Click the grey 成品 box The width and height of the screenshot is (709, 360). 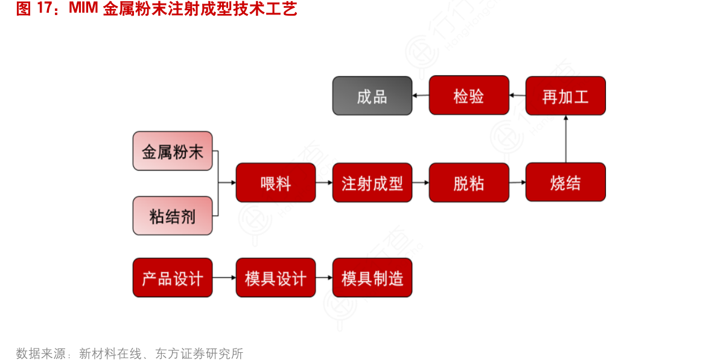[x=372, y=95]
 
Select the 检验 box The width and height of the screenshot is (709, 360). [x=469, y=95]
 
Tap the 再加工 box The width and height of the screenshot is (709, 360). [x=565, y=95]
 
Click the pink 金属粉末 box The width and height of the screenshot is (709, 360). [x=173, y=151]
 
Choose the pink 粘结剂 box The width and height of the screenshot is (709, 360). [x=173, y=215]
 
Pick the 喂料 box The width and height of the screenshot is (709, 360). [x=276, y=182]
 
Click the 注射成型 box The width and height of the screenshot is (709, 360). [x=372, y=182]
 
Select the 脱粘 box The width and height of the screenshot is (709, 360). [x=469, y=182]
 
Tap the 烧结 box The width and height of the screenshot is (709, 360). [x=565, y=182]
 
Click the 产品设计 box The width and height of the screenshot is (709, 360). [x=173, y=277]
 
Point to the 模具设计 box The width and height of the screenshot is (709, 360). [x=276, y=277]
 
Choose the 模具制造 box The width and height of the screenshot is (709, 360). [x=372, y=277]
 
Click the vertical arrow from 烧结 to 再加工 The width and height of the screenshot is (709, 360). [x=565, y=139]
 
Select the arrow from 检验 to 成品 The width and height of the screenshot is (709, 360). [x=421, y=95]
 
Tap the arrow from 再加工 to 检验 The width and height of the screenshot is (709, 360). [x=517, y=95]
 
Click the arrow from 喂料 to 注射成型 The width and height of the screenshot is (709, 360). [x=324, y=182]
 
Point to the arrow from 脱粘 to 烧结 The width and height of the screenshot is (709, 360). [x=517, y=182]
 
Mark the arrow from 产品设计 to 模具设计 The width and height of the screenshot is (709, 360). [x=224, y=277]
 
